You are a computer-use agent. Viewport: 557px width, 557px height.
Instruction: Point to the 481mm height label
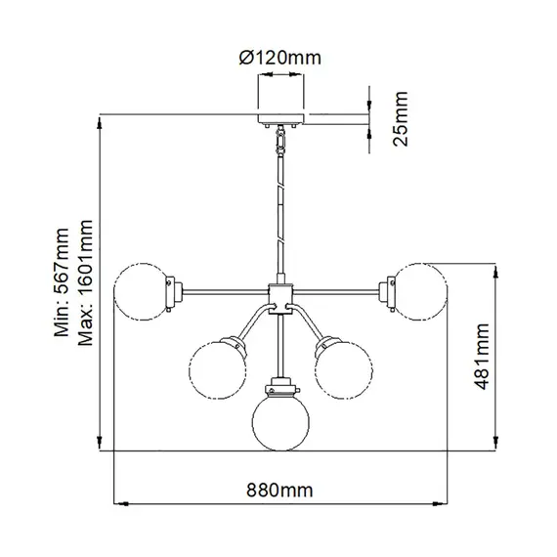(x=481, y=359)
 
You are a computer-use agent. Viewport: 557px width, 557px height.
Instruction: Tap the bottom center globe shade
(x=280, y=418)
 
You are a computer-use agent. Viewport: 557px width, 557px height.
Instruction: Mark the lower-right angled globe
(x=343, y=368)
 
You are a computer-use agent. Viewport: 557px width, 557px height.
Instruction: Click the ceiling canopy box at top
(x=281, y=97)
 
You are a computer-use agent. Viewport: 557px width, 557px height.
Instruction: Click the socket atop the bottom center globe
(x=280, y=381)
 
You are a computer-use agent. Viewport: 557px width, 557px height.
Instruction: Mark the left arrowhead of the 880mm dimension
(x=121, y=504)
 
